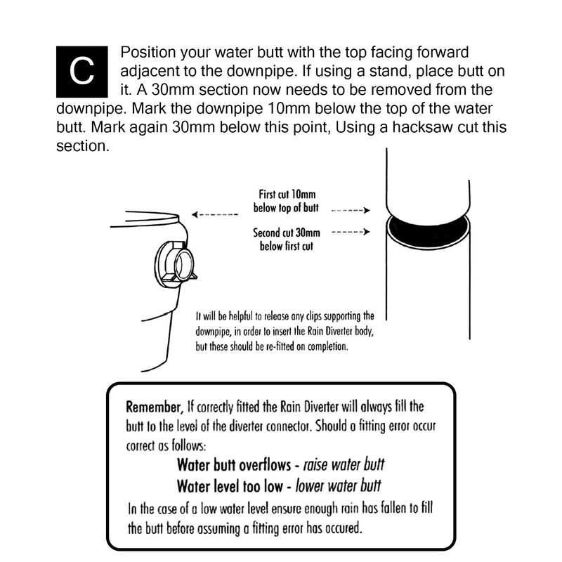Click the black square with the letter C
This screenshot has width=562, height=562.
tap(82, 71)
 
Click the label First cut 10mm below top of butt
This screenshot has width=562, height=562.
tap(287, 202)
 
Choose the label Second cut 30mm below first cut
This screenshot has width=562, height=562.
tap(287, 239)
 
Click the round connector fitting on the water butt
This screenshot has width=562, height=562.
tap(175, 263)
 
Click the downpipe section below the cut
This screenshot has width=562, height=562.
tap(426, 295)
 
